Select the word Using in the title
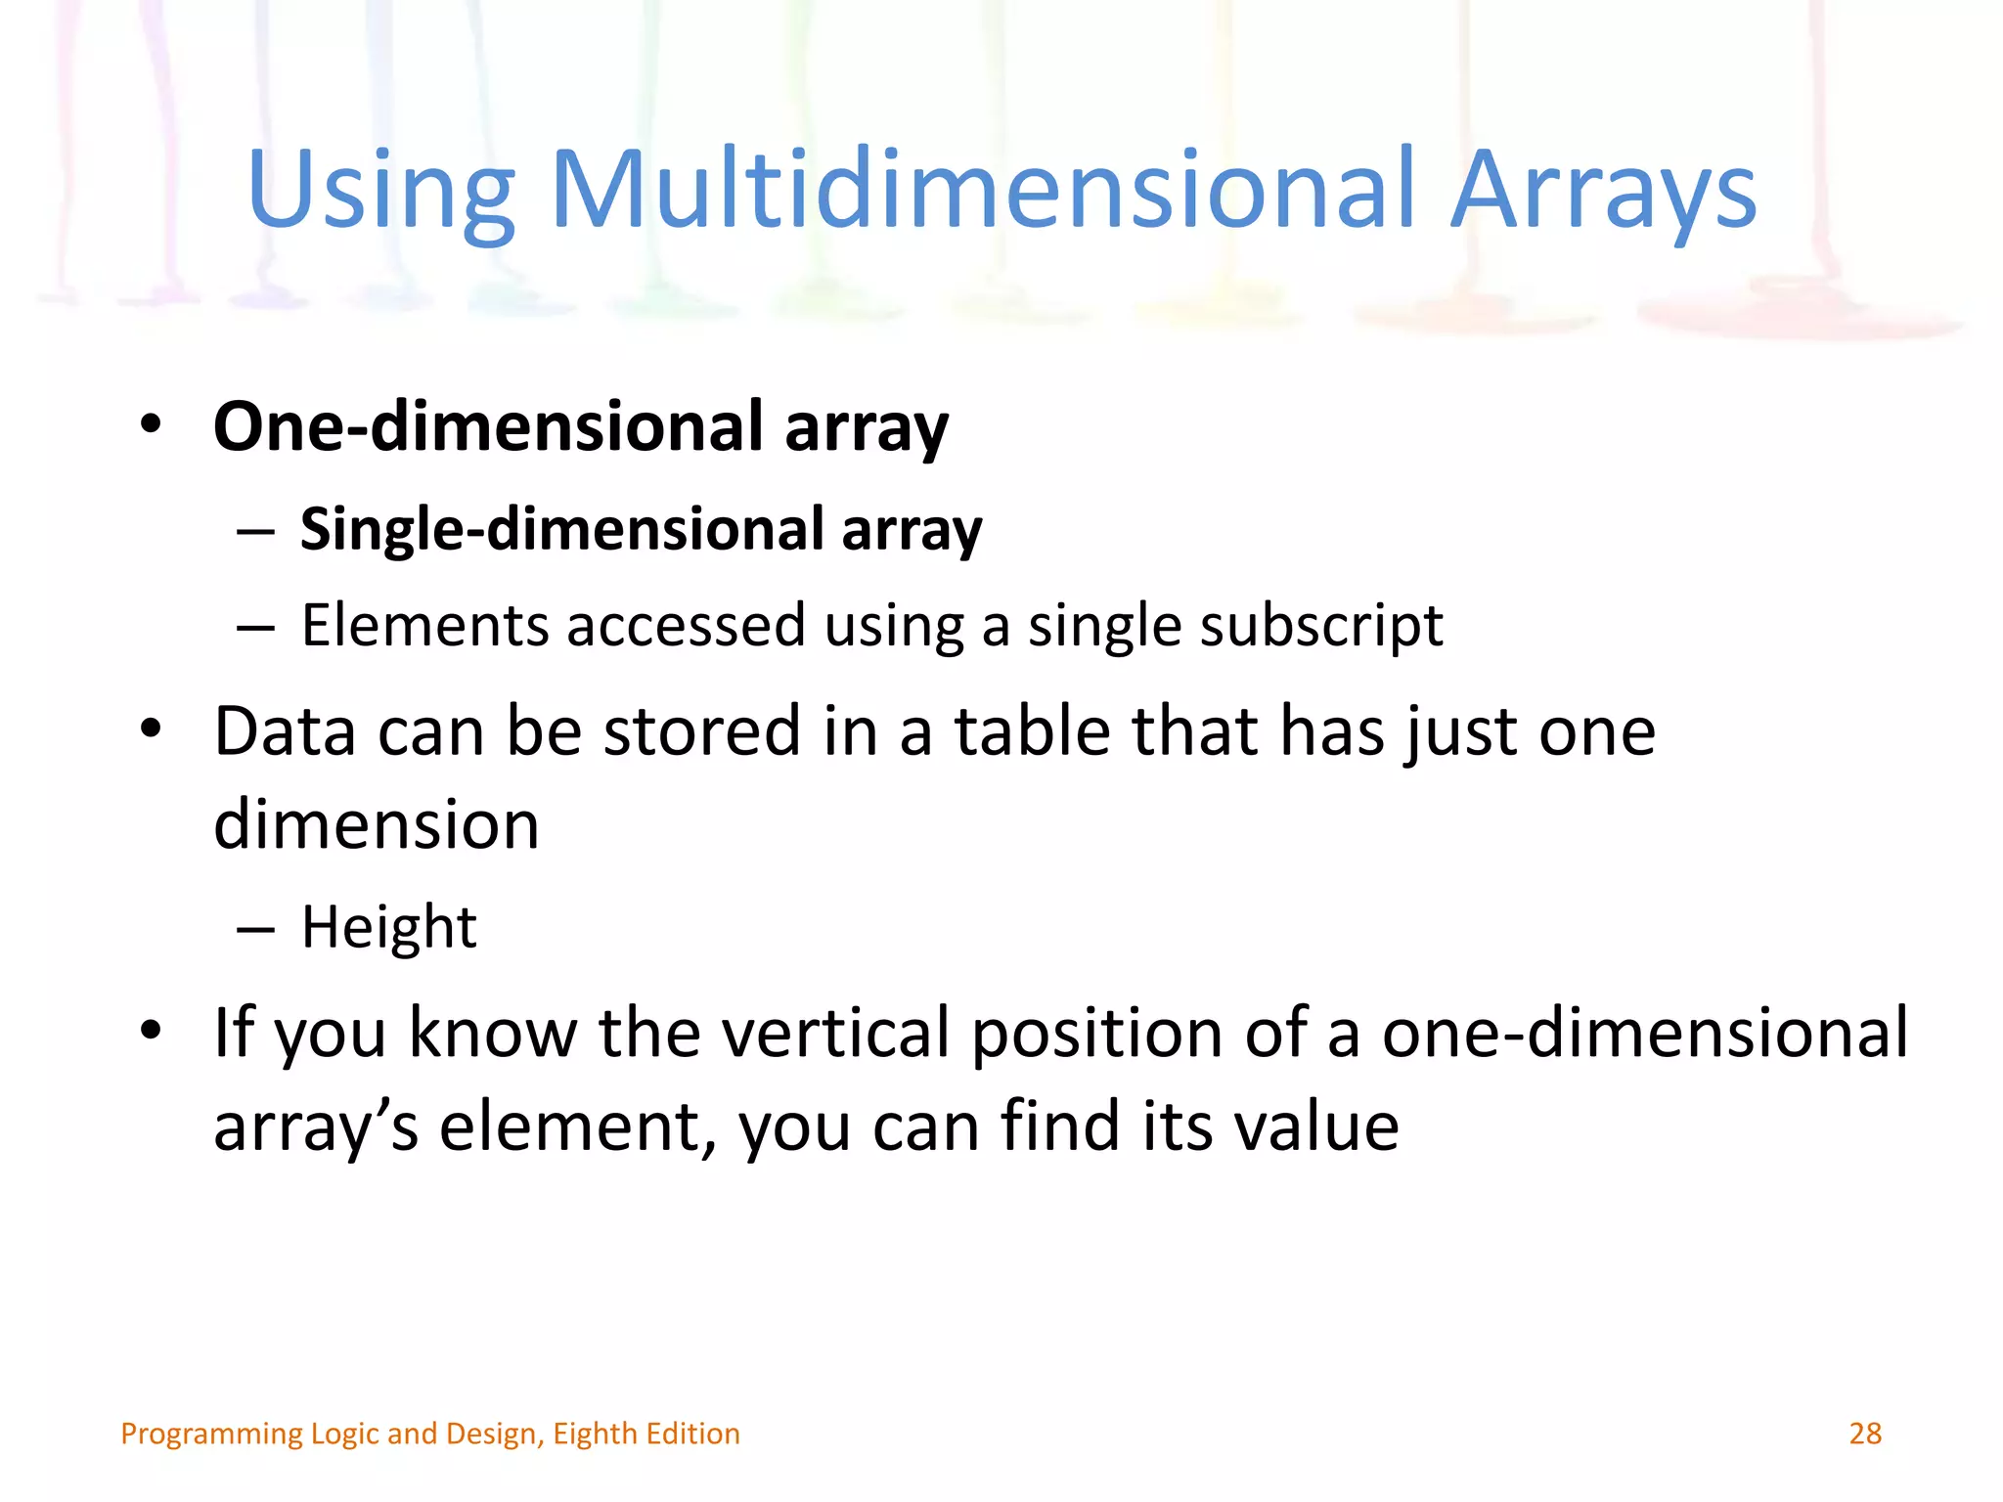coord(380,191)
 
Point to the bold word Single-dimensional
coord(562,529)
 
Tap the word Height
coord(388,927)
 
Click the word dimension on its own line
coord(377,824)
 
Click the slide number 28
coord(1865,1434)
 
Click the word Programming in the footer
coord(211,1435)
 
